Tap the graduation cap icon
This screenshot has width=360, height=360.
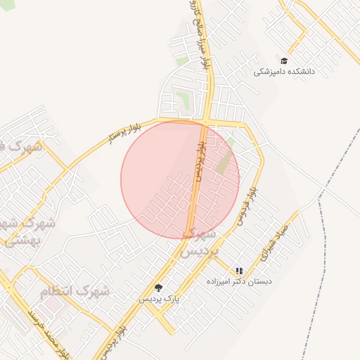click(x=284, y=60)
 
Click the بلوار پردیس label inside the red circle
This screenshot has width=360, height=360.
click(x=200, y=162)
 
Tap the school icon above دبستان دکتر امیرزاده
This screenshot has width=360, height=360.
click(x=239, y=271)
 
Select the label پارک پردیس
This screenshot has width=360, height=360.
click(x=158, y=298)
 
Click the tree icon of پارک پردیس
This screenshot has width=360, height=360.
click(x=158, y=288)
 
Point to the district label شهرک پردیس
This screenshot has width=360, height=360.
click(x=200, y=241)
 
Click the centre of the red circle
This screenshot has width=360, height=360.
click(x=180, y=180)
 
